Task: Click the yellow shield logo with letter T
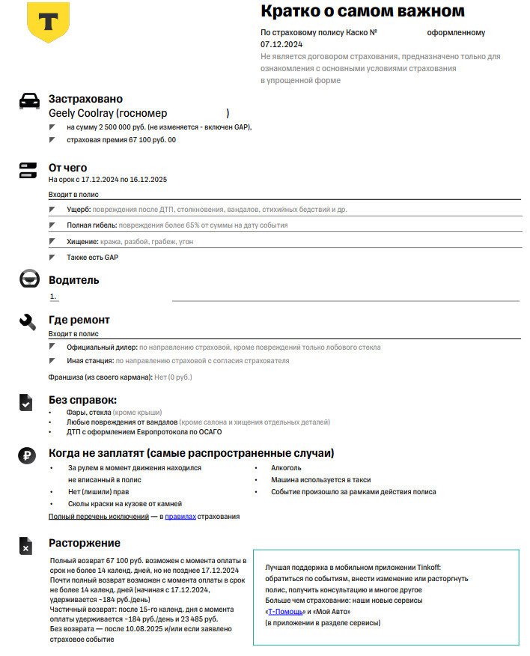point(48,22)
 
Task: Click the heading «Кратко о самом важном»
point(362,11)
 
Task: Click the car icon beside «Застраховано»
point(28,101)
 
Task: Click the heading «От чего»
point(67,168)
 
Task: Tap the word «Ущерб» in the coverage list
point(79,210)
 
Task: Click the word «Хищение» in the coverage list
point(82,242)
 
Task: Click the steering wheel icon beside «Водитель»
point(28,280)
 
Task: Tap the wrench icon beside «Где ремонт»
point(28,322)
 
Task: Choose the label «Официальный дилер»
point(101,347)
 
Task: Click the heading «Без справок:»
point(82,401)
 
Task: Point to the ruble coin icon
point(28,455)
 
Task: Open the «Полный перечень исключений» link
point(99,517)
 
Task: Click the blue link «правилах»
point(180,517)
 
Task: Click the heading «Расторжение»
point(84,543)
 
